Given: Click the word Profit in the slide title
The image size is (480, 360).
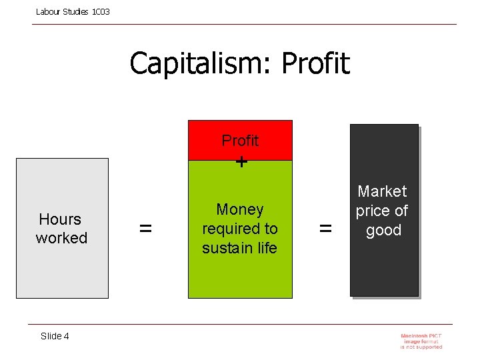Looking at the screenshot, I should pyautogui.click(x=315, y=64).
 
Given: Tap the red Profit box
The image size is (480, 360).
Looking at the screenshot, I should pyautogui.click(x=240, y=141).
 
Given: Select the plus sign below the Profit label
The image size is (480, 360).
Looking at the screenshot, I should pyautogui.click(x=241, y=161).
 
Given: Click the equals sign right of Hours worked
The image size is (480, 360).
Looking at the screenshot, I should pyautogui.click(x=145, y=229).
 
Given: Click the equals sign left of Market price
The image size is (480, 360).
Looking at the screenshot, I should pyautogui.click(x=325, y=229).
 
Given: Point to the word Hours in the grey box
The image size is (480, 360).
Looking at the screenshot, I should pyautogui.click(x=60, y=219).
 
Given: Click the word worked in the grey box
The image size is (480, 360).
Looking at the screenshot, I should pyautogui.click(x=61, y=238).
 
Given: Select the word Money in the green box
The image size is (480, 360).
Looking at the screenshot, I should pyautogui.click(x=240, y=209).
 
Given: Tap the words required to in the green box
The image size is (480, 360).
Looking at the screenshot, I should pyautogui.click(x=240, y=229).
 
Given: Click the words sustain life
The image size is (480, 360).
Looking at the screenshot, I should pyautogui.click(x=240, y=248).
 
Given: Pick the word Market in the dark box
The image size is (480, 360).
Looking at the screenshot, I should pyautogui.click(x=382, y=192).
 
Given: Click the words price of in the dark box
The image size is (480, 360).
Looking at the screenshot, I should pyautogui.click(x=382, y=211).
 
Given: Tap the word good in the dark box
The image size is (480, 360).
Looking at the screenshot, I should pyautogui.click(x=383, y=231).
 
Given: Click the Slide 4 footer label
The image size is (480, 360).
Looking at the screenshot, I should pyautogui.click(x=55, y=336).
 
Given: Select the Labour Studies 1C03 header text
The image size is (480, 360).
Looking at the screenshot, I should pyautogui.click(x=73, y=12).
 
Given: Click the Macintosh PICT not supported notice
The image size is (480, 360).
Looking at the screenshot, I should pyautogui.click(x=421, y=341).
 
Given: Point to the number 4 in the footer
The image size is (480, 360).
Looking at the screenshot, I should pyautogui.click(x=66, y=336).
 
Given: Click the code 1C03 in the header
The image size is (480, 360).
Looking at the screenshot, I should pyautogui.click(x=100, y=12).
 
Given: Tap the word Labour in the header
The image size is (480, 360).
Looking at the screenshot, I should pyautogui.click(x=48, y=12).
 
